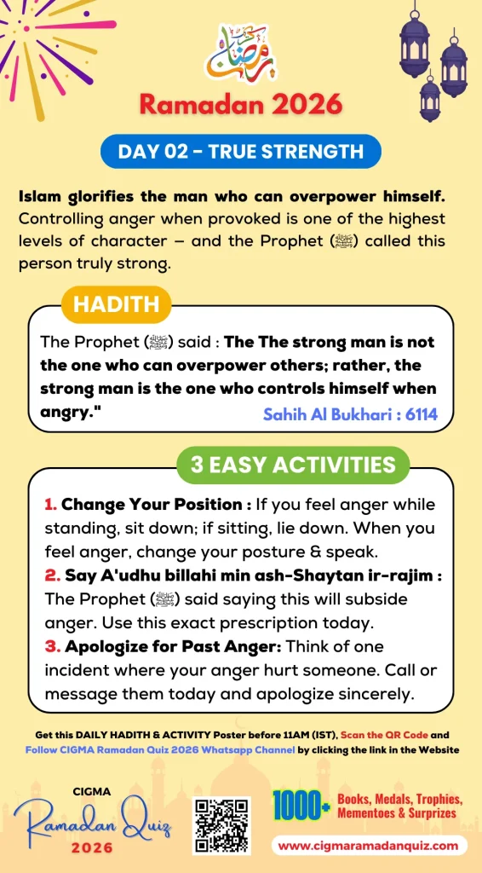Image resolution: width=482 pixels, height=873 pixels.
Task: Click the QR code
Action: [x=221, y=825]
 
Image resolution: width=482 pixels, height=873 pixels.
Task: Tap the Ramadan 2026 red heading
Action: [x=241, y=104]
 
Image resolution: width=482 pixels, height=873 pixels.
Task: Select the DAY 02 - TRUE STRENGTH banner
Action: [x=241, y=152]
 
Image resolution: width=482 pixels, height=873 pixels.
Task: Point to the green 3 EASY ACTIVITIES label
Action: [x=293, y=465]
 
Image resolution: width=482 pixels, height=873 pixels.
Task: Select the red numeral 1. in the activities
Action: [x=50, y=505]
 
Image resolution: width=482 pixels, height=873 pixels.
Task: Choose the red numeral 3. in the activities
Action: [x=51, y=645]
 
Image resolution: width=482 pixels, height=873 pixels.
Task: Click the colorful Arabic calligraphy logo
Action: [x=241, y=53]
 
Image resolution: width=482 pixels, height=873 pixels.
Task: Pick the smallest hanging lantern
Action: [x=430, y=98]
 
